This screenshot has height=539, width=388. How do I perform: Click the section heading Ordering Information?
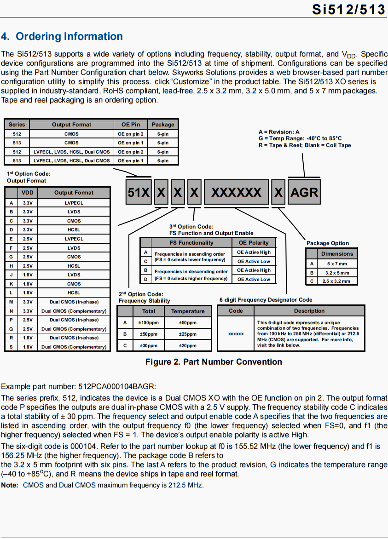tap(62, 37)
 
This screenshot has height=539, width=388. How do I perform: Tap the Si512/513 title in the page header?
tap(348, 9)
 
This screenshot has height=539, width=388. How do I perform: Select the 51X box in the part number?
tap(139, 192)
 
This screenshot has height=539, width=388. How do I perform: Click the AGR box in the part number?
tap(304, 192)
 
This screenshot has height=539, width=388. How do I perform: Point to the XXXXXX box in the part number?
tap(236, 192)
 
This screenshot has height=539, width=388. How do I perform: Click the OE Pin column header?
tap(131, 125)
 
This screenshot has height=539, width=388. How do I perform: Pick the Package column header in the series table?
tap(163, 125)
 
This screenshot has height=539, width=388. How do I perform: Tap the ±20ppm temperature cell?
tap(187, 345)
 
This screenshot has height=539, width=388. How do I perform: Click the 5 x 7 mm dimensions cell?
tap(337, 264)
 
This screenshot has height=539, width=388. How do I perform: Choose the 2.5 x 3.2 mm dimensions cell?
tap(337, 281)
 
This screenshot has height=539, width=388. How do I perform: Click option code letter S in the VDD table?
tap(11, 347)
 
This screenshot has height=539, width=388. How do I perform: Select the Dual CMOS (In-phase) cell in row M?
tap(74, 302)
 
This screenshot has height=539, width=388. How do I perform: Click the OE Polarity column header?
tap(254, 243)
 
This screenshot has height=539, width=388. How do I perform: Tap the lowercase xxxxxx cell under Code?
tap(236, 333)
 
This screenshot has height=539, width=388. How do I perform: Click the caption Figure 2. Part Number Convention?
tap(214, 362)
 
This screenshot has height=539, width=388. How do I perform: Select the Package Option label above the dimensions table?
tap(328, 243)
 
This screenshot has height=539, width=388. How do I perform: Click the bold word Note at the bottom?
tap(10, 485)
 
